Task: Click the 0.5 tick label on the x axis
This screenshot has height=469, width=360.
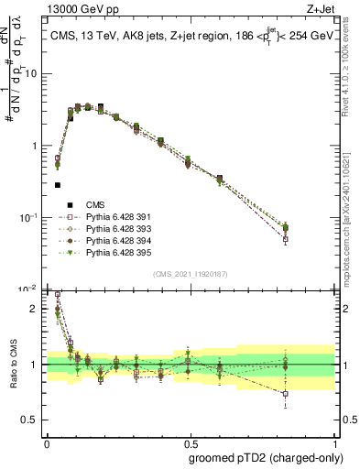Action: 190,441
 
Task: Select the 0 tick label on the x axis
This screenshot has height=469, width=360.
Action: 46,441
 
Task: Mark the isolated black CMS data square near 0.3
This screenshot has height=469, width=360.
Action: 58,185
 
